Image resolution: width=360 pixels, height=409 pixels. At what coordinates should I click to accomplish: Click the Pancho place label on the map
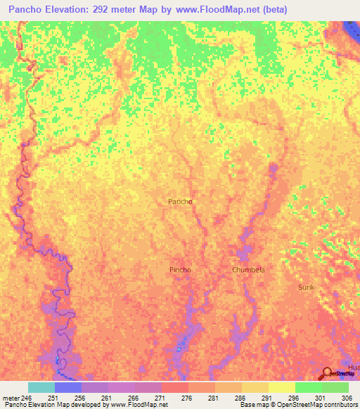pos(180,202)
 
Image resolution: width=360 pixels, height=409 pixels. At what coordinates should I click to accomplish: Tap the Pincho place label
pos(180,270)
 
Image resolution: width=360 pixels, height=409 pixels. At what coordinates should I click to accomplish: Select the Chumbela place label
pos(248,270)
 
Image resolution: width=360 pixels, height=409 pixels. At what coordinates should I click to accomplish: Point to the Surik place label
pos(306,288)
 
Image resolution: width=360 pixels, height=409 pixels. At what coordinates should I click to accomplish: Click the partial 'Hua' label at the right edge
pos(354,368)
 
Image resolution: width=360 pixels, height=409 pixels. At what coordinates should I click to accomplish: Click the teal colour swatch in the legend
pos(41,387)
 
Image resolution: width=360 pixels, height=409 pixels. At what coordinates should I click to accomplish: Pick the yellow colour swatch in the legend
pos(281,387)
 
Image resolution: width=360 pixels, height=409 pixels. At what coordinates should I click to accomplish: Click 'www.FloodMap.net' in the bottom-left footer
pos(134,405)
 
